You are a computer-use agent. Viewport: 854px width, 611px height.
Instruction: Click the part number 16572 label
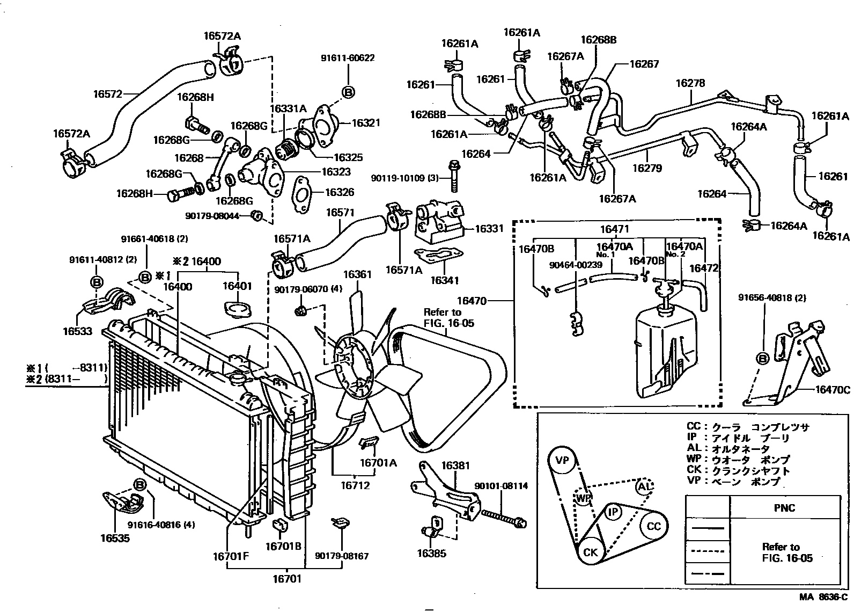point(108,93)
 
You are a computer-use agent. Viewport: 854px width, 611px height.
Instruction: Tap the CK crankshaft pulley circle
point(590,551)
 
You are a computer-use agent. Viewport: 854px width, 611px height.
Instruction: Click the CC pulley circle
point(653,526)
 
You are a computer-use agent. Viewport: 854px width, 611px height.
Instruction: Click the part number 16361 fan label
point(357,275)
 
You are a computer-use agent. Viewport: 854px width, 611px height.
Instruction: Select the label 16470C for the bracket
point(832,390)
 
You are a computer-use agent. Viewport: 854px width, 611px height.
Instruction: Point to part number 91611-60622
point(348,58)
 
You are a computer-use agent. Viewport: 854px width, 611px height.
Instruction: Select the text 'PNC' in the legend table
point(784,508)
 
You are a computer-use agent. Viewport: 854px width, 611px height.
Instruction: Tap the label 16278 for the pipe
point(690,83)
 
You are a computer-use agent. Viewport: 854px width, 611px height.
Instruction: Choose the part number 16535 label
point(115,537)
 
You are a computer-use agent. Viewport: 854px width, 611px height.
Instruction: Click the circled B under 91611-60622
point(348,92)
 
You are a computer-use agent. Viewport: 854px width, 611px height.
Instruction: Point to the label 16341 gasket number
point(445,280)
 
